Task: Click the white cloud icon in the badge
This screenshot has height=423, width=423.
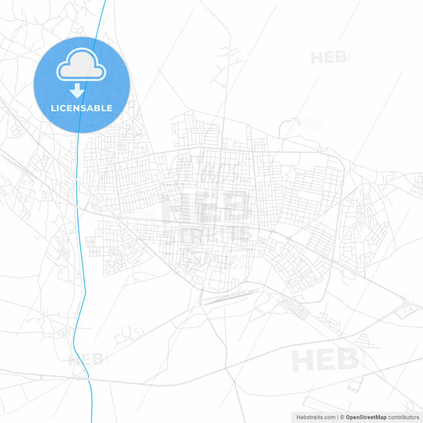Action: [80, 67]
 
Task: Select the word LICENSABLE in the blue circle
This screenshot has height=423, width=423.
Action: [81, 108]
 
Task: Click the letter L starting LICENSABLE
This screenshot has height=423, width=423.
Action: [52, 108]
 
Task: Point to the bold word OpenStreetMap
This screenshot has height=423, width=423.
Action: [366, 417]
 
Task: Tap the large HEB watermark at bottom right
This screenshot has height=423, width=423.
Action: [325, 360]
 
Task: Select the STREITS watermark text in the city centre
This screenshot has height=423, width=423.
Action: [209, 234]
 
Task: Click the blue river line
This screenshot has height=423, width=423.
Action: [77, 238]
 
